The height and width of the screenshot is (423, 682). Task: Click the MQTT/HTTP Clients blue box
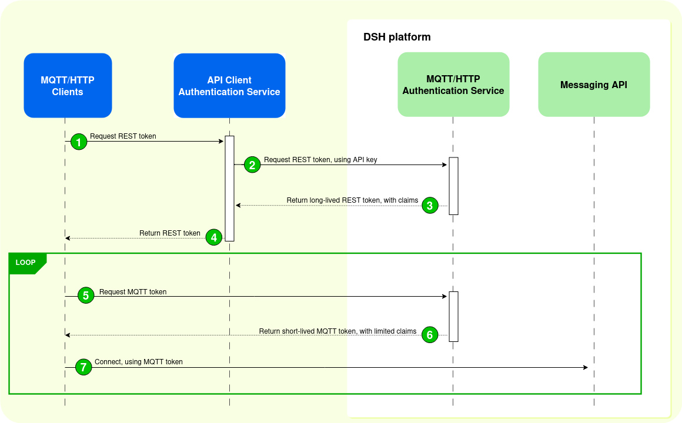[68, 86]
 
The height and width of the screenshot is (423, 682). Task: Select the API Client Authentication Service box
[229, 86]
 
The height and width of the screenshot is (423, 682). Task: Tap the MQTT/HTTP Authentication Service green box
[453, 85]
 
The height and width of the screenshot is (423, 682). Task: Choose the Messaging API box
[594, 85]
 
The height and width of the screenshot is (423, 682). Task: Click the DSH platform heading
[397, 37]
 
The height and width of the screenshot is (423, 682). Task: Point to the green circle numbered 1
[78, 142]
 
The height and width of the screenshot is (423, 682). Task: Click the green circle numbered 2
[252, 165]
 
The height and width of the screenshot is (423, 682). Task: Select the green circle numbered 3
[429, 206]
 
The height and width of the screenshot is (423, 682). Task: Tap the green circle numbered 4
[214, 238]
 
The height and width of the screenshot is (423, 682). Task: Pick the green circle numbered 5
[86, 296]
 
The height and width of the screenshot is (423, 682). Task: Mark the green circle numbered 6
[429, 335]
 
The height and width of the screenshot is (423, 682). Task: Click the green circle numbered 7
[84, 367]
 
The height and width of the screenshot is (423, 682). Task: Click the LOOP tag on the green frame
[25, 263]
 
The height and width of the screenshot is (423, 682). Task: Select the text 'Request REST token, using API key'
[320, 159]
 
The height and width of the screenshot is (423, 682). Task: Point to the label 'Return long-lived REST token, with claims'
[352, 200]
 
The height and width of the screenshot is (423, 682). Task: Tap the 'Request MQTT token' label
[133, 291]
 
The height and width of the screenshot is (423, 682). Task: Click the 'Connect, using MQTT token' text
[139, 362]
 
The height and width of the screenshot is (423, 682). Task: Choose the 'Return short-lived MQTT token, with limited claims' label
[337, 331]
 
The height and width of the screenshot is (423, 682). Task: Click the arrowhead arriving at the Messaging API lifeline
[585, 367]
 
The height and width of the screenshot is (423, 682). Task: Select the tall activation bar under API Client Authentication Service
[229, 188]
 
